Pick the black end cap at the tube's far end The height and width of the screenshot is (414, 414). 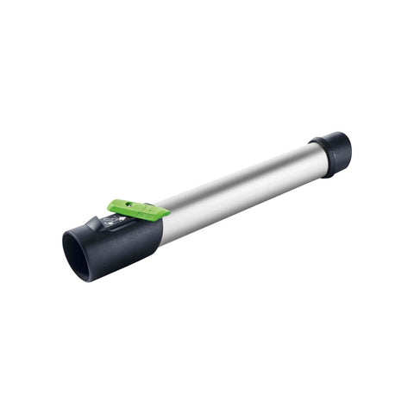pyautogui.click(x=332, y=153)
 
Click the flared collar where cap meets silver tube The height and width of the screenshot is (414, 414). pyautogui.click(x=317, y=160)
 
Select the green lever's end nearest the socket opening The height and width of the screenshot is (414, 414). pyautogui.click(x=112, y=206)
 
